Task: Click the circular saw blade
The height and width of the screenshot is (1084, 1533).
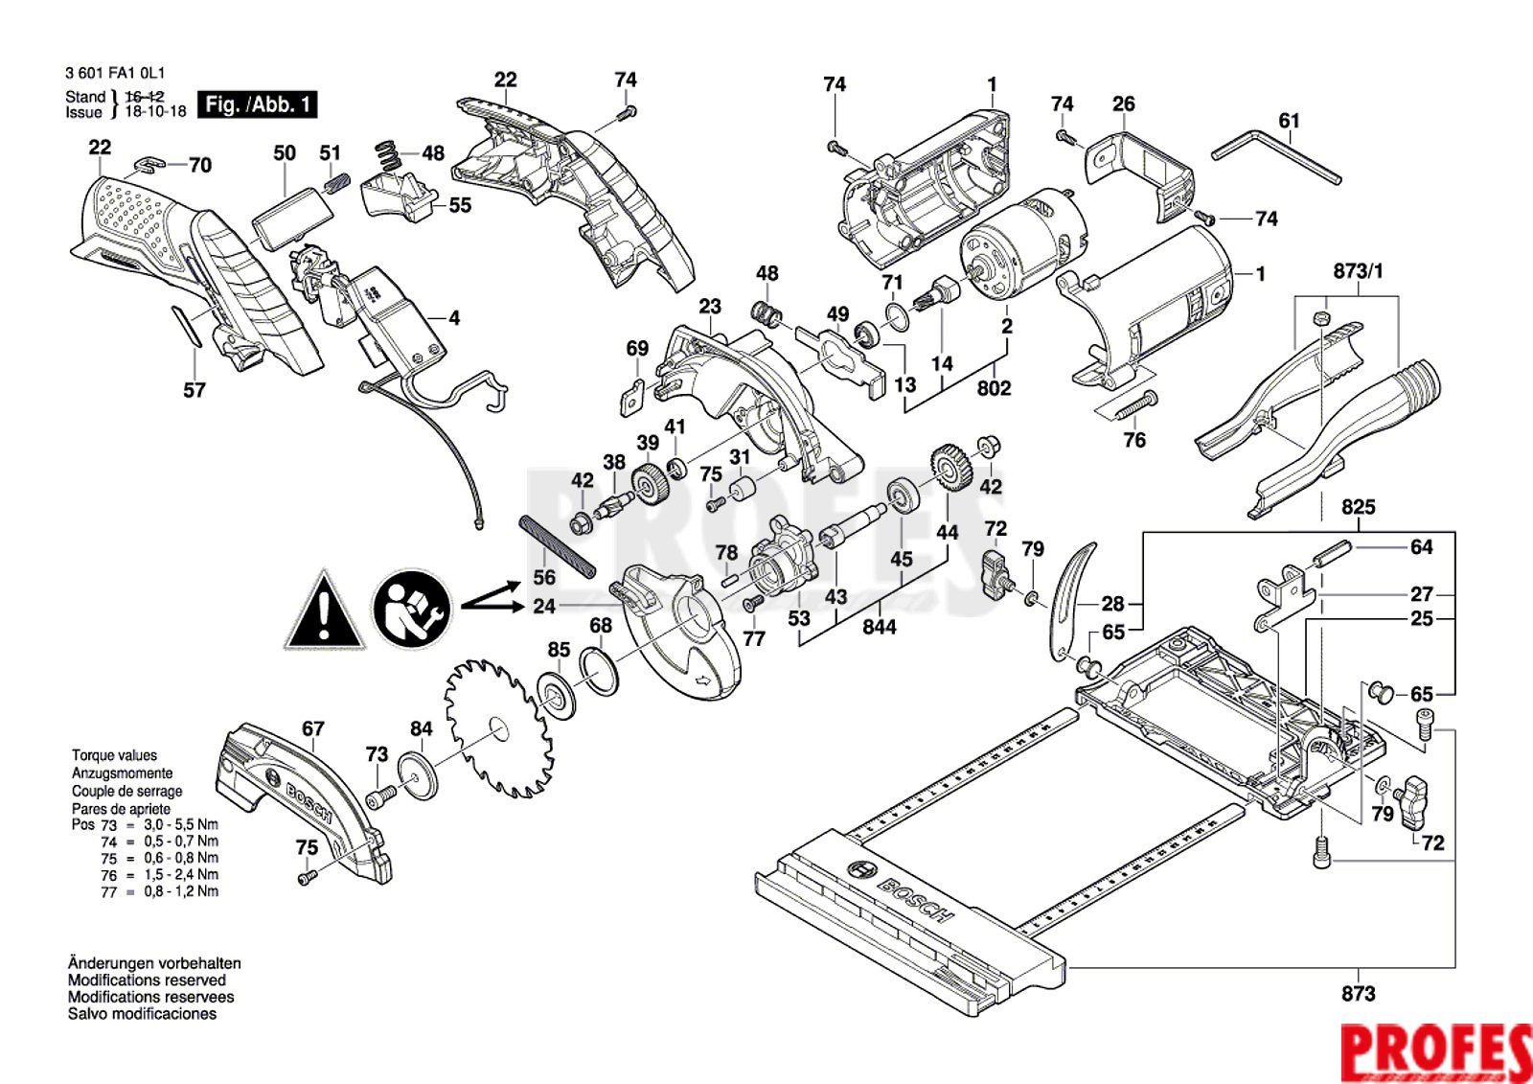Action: [x=497, y=728]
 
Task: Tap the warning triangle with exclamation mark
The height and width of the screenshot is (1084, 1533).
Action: [x=324, y=611]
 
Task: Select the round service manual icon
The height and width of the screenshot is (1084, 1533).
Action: [x=411, y=610]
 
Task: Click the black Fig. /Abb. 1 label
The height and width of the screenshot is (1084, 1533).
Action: [x=257, y=104]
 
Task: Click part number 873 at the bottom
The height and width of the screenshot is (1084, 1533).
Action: [x=1358, y=994]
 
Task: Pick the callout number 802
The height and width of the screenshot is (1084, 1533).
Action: [x=994, y=388]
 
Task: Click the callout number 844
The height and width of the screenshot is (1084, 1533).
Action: [x=879, y=627]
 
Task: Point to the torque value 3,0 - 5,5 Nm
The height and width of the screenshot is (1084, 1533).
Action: [x=181, y=824]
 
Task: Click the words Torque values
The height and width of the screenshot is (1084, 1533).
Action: [x=114, y=755]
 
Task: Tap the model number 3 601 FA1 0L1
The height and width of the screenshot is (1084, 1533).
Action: [x=115, y=73]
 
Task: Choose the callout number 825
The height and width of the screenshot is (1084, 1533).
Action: [x=1358, y=507]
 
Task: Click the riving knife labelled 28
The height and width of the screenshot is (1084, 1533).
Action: [x=1071, y=599]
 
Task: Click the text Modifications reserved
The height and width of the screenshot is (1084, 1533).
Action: [x=147, y=980]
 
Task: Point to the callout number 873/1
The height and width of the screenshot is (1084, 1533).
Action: [x=1358, y=271]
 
